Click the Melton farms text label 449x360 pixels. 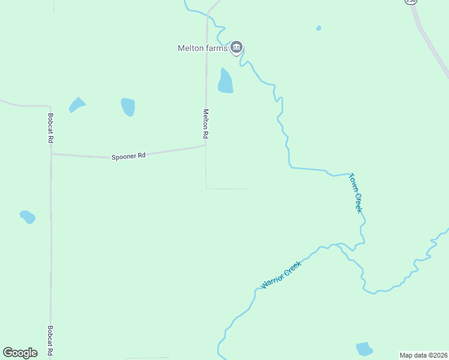tap(202, 49)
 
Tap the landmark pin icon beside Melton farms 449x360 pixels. tap(237, 47)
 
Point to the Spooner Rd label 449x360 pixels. tap(128, 157)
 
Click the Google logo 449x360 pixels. tap(20, 353)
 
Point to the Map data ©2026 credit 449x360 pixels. tap(424, 355)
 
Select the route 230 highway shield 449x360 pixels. tap(411, 2)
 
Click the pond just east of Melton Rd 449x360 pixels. tap(225, 81)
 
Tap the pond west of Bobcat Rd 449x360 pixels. tap(28, 217)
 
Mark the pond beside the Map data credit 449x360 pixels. tap(364, 349)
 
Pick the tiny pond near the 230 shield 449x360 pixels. tap(318, 28)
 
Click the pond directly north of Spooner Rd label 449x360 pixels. tap(128, 106)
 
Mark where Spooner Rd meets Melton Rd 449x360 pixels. tap(206, 144)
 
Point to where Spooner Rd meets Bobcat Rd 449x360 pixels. tap(51, 154)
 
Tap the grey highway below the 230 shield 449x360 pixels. tap(433, 51)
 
